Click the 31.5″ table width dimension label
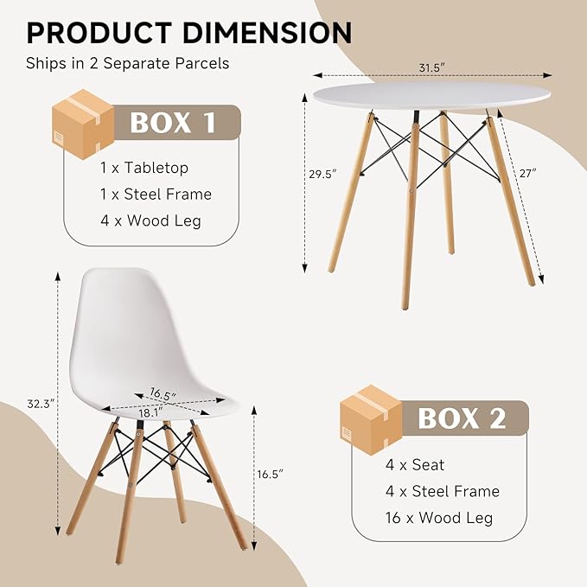click(x=432, y=67)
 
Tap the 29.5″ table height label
click(x=322, y=174)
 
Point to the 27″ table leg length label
click(x=528, y=173)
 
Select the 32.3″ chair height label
click(x=41, y=404)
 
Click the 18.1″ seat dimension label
click(x=151, y=413)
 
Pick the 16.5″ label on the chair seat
click(x=163, y=394)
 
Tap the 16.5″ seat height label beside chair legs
click(x=271, y=475)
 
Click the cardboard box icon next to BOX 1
click(x=83, y=124)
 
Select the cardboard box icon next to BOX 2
click(x=371, y=419)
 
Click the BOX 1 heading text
click(x=173, y=123)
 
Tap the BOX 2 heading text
click(x=462, y=418)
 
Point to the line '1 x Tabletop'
click(x=144, y=168)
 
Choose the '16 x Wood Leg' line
click(x=439, y=518)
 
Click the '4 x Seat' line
click(x=415, y=465)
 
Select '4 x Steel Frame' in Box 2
click(x=443, y=492)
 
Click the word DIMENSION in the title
click(x=267, y=33)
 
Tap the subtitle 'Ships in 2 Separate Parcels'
click(x=128, y=63)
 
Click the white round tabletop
click(x=431, y=96)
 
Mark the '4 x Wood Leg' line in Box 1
click(x=151, y=220)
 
